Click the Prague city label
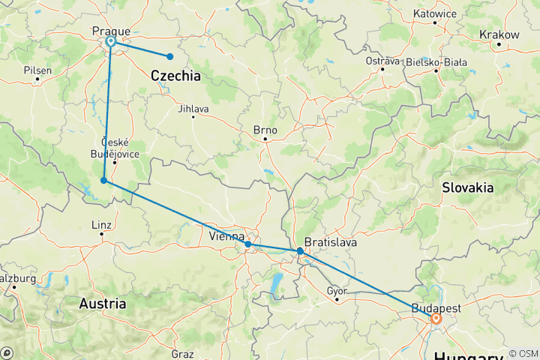(x=111, y=31)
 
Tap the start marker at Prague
(x=111, y=42)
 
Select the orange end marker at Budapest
(x=436, y=318)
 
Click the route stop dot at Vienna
(x=247, y=244)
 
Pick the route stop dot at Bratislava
(x=300, y=250)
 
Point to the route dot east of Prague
(x=170, y=56)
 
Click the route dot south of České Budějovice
(x=103, y=179)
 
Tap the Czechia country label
(x=175, y=76)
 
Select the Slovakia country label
(x=468, y=187)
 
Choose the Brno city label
(x=265, y=130)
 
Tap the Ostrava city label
(x=382, y=60)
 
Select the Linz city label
(x=100, y=224)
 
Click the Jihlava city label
(x=193, y=109)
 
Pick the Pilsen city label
(x=37, y=70)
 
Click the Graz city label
(x=182, y=354)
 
